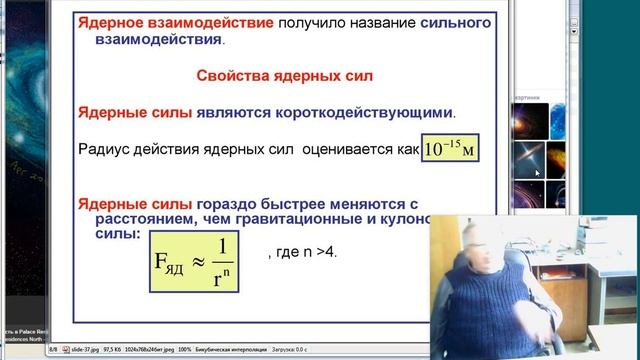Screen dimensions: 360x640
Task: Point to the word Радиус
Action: [102, 150]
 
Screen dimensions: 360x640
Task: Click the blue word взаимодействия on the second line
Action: [159, 41]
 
